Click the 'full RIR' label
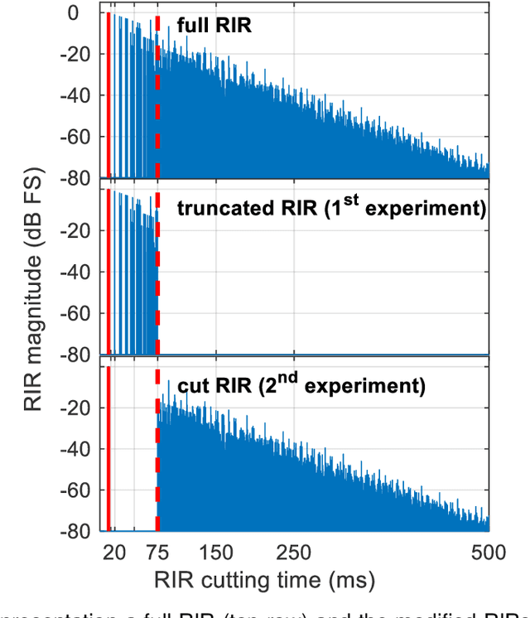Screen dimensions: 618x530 click(x=214, y=26)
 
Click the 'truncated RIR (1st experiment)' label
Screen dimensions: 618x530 click(x=331, y=206)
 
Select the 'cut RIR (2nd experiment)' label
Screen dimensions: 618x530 click(x=301, y=385)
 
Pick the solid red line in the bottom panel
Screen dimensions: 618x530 click(x=108, y=447)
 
